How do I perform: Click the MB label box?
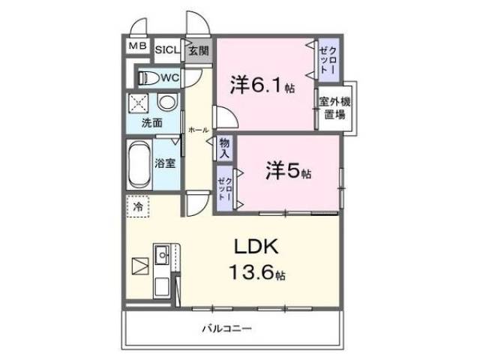click(137, 47)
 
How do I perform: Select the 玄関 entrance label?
click(198, 51)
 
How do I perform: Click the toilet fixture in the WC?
click(147, 77)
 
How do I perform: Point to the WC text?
click(169, 77)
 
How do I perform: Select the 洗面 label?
click(152, 121)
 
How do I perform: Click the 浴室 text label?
click(166, 162)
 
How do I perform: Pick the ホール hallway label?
click(198, 129)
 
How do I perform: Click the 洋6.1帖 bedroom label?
click(262, 85)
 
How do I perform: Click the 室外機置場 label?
click(334, 109)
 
